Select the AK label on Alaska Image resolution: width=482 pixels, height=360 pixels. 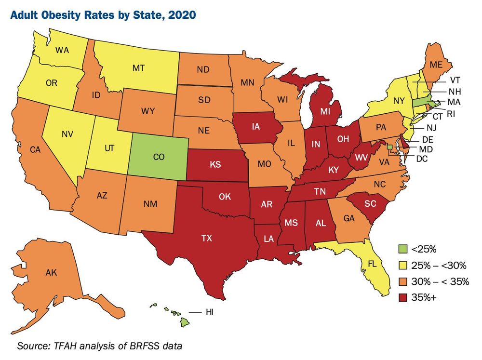52,273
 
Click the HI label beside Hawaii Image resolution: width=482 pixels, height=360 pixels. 209,312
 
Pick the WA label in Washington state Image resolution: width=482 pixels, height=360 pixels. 61,50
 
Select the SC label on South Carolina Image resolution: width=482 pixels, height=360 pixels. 369,204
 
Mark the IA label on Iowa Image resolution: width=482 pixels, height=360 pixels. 255,127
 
